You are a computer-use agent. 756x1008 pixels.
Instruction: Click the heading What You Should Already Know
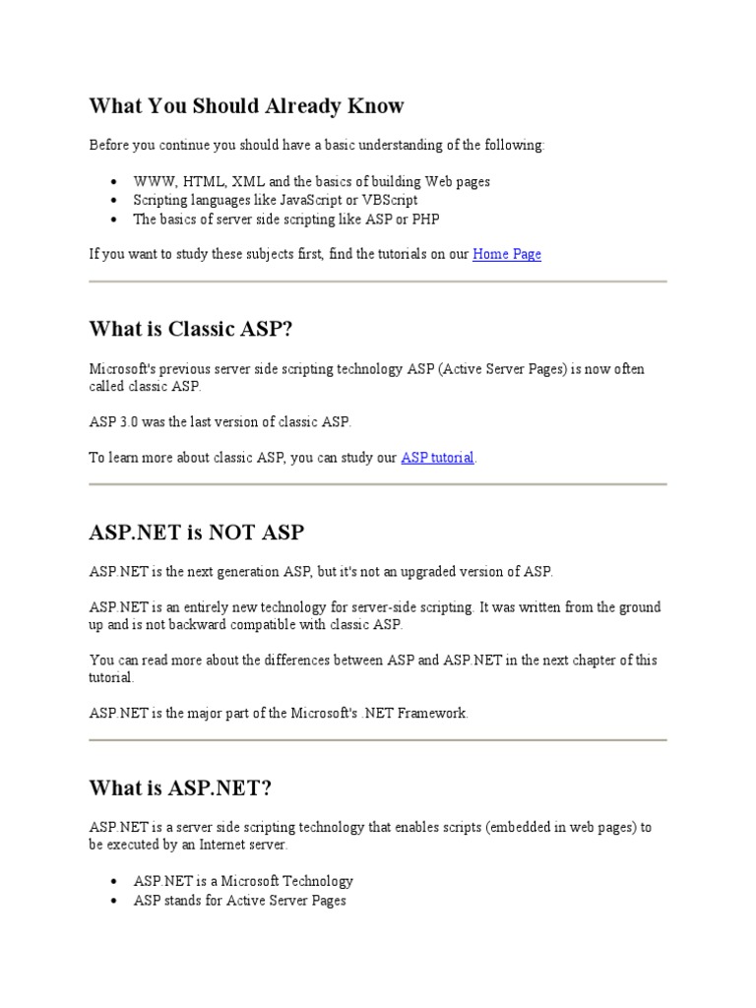[x=246, y=105]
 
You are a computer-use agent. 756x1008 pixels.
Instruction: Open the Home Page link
[x=506, y=254]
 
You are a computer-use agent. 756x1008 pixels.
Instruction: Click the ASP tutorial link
[x=437, y=458]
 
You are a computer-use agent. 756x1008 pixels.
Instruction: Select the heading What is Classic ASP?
[x=191, y=329]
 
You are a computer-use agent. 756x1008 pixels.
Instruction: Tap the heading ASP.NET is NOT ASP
[x=196, y=533]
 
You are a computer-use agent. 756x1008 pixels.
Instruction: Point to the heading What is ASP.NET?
[x=179, y=788]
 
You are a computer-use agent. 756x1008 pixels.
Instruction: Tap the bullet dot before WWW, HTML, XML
[x=115, y=182]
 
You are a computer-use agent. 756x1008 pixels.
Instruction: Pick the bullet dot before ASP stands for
[x=115, y=901]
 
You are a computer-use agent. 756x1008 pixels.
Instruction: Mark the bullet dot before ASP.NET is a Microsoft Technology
[x=115, y=881]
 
